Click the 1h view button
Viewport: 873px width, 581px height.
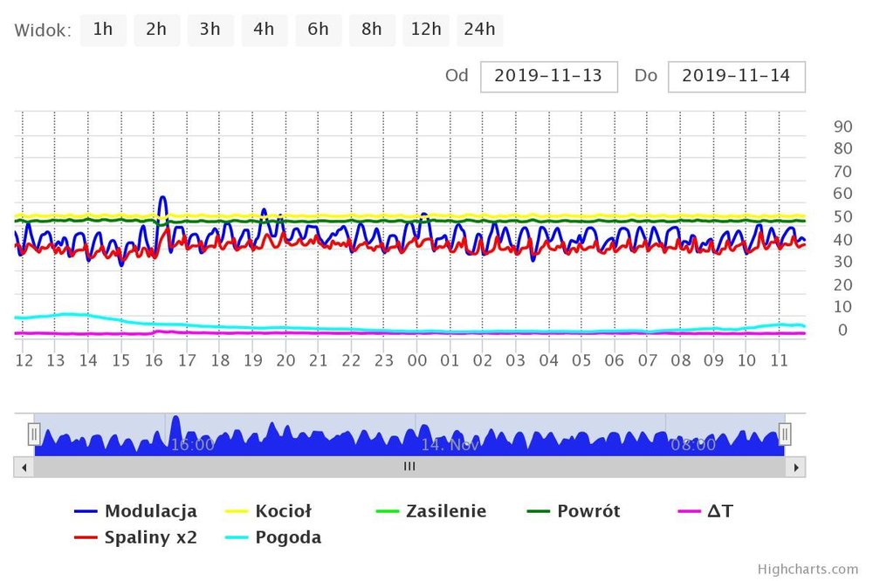tap(103, 30)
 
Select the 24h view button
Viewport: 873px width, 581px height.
tap(479, 30)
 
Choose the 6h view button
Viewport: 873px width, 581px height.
tap(318, 30)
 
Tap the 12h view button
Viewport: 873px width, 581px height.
tap(426, 30)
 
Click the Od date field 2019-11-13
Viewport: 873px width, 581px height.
tap(548, 76)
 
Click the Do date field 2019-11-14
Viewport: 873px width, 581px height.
tap(736, 76)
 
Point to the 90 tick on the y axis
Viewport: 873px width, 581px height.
tap(842, 126)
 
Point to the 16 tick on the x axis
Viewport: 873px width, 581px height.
tap(154, 360)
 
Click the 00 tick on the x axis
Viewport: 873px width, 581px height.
tap(417, 360)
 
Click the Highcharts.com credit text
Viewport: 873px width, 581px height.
tap(808, 569)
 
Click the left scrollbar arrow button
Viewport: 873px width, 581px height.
tap(24, 467)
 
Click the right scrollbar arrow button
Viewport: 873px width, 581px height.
tap(795, 467)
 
